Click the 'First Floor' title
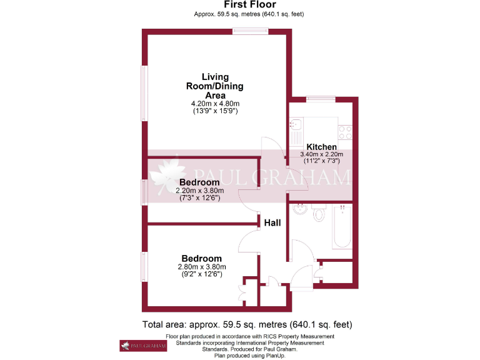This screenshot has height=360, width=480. [x=241, y=4]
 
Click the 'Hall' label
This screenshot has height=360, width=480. [x=272, y=222]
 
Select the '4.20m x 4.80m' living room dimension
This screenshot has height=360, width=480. [x=215, y=103]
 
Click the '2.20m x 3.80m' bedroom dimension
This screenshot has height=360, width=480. [x=199, y=191]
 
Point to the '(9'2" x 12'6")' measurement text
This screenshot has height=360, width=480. [x=201, y=274]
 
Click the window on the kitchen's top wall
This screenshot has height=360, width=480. [x=321, y=99]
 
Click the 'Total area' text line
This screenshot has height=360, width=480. [x=247, y=324]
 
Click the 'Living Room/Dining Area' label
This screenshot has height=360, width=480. [x=214, y=86]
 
